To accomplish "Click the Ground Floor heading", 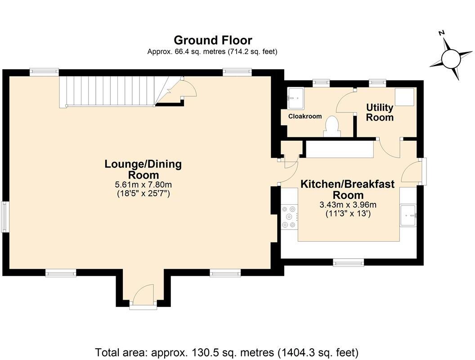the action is (x=213, y=40).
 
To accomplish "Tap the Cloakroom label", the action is (x=305, y=117).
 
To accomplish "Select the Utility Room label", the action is (x=380, y=112).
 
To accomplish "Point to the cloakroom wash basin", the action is (x=296, y=98).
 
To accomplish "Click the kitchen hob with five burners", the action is (x=289, y=216).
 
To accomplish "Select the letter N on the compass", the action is (x=442, y=33).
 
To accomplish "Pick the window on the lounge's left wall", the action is (x=4, y=217).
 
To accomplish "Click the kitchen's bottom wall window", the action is (x=348, y=262).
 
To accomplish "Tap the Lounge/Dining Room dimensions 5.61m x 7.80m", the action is (x=143, y=184).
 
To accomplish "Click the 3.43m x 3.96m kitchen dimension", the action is (x=348, y=205).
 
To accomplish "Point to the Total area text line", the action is (x=227, y=352).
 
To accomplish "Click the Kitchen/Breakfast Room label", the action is (x=348, y=189).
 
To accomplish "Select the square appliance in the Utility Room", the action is (x=404, y=97).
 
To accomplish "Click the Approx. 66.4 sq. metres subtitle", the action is (x=212, y=52).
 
